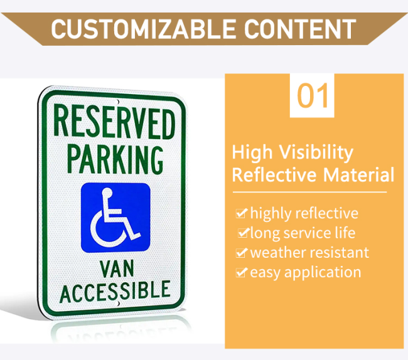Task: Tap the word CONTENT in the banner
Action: coord(300,29)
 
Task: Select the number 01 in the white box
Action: coord(312,96)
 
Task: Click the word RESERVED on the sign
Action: coord(114,122)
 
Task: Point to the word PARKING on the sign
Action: coord(115,159)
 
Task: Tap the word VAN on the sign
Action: coord(117,268)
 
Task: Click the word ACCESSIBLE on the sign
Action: coord(115,292)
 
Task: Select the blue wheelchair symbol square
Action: coord(115,218)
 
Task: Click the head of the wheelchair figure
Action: coord(107,193)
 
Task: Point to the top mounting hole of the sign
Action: coord(117,102)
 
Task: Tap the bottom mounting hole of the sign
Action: coord(117,304)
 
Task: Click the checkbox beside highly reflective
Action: coord(241,213)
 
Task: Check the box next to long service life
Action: coord(244,233)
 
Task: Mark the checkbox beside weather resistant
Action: coord(241,252)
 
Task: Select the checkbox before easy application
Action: coord(241,272)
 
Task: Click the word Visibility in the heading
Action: coord(316,153)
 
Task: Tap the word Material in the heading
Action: coord(359,175)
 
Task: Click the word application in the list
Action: coord(323,273)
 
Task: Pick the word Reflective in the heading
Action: coord(274,175)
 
